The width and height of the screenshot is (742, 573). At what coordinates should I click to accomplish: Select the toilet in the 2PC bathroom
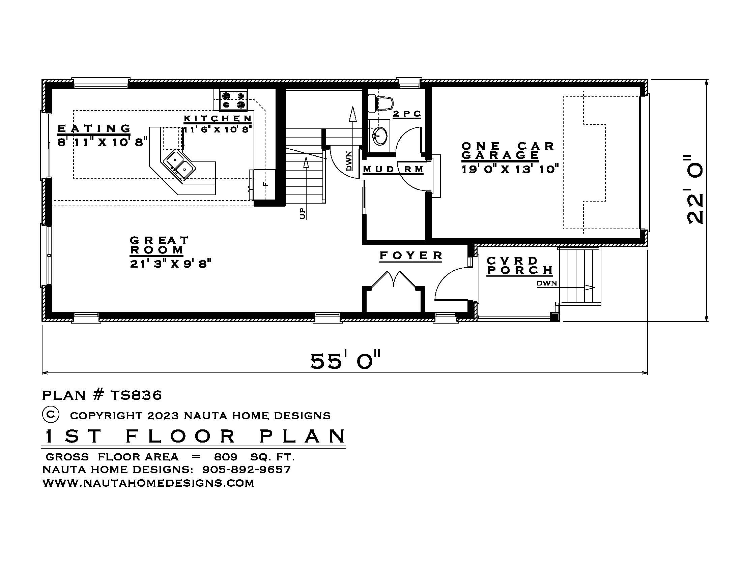coord(382,103)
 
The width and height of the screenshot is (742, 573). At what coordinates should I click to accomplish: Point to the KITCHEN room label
coord(218,118)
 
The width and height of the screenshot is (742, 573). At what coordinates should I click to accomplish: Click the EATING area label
coord(94,129)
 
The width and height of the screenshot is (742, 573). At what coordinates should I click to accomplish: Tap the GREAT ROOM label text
coord(159,245)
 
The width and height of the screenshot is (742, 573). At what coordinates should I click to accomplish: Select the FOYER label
coord(411,255)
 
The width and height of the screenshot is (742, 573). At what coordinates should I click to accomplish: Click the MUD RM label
coord(393,169)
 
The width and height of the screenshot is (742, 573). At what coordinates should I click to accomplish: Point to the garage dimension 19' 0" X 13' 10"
coord(510,169)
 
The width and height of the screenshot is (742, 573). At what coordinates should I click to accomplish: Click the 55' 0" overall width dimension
coord(345,361)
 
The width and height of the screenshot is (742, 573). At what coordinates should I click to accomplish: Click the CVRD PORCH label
coord(519,266)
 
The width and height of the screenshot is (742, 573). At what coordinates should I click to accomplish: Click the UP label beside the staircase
coord(303,213)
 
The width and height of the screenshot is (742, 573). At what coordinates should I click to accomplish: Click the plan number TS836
coord(136,395)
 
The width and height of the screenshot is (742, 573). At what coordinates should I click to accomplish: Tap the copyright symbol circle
coord(51,415)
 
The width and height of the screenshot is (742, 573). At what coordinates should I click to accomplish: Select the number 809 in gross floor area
coord(226,457)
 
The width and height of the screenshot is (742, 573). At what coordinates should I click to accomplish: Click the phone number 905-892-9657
coord(246,470)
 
